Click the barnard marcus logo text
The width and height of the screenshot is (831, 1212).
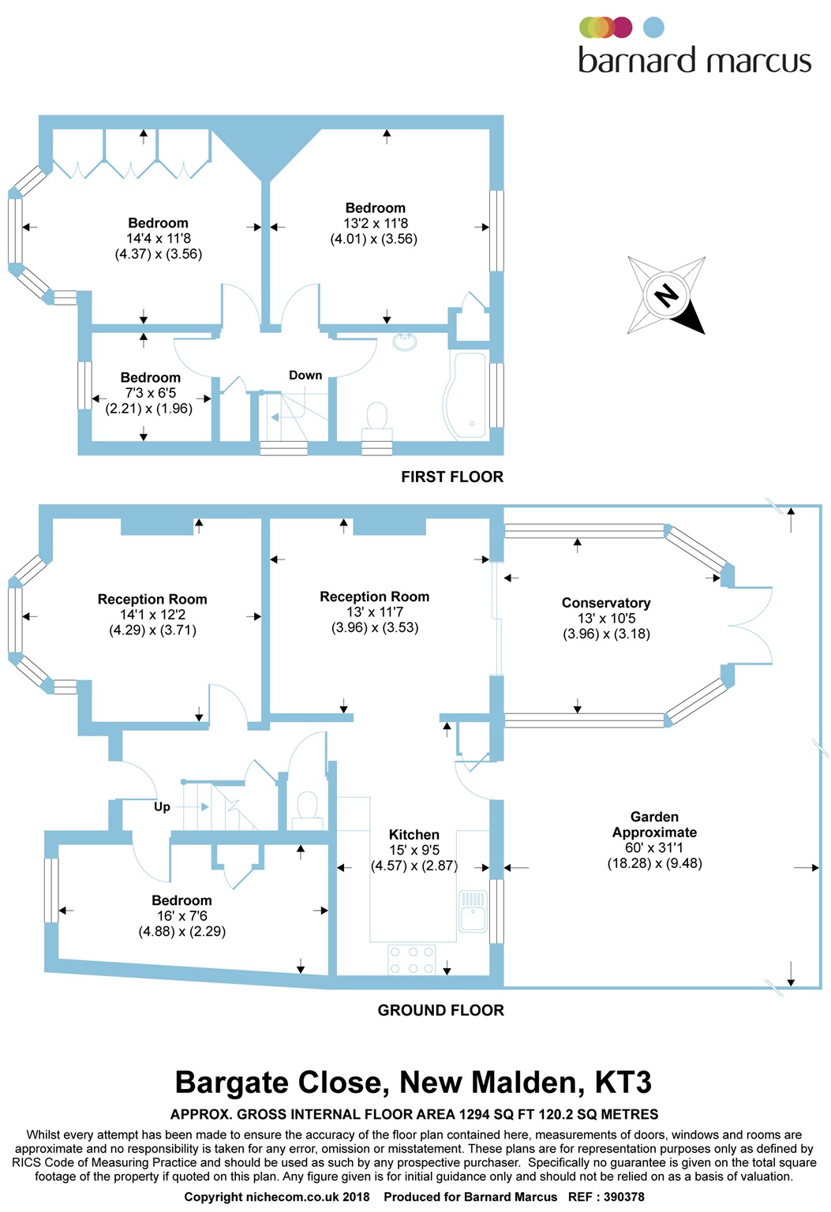pos(694,61)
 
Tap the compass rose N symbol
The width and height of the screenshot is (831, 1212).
pos(667,295)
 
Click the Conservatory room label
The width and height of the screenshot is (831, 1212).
pos(606,603)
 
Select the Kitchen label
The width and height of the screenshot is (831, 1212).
pos(414,835)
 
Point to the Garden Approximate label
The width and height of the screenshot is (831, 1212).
pos(654,825)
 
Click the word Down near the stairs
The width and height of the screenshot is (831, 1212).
pos(305,376)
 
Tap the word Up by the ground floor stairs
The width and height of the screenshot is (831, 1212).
pos(162,806)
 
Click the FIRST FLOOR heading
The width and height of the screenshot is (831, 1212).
pos(452,477)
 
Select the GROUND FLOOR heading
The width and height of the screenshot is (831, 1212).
pos(440,1010)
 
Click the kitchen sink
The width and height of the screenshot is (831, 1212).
pos(473,911)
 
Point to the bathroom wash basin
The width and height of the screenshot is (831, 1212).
pos(406,342)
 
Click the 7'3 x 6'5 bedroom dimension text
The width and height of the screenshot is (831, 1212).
pos(150,393)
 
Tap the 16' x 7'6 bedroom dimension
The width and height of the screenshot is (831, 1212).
pos(182,916)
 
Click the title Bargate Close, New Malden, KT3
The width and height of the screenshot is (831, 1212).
pos(414,1083)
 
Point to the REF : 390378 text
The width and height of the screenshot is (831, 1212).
pos(606,1197)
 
